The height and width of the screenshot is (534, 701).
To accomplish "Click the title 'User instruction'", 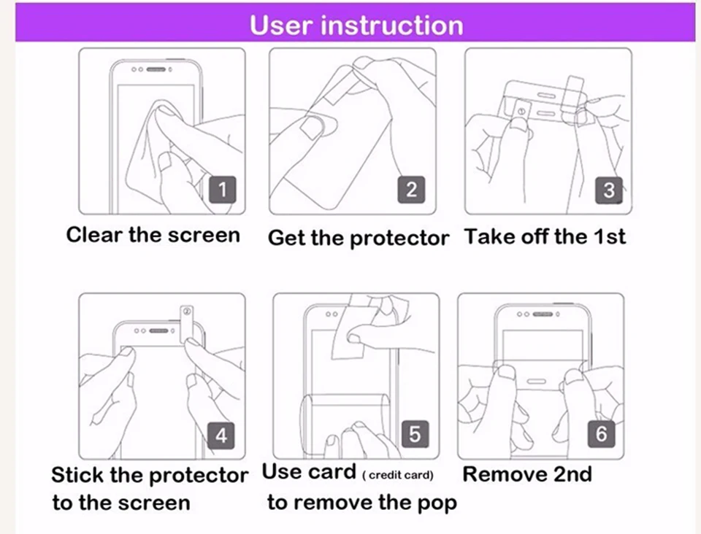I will (x=356, y=25).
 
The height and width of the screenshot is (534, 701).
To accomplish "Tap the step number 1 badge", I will (x=223, y=190).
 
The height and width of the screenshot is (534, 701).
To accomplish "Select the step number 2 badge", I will (x=411, y=190).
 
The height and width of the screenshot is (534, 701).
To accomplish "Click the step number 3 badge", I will (x=608, y=190).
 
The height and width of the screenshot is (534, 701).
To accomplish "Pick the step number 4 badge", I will (x=221, y=436).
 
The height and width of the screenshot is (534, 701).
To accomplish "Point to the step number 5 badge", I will (x=414, y=434).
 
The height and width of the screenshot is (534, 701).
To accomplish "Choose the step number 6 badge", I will (x=601, y=434).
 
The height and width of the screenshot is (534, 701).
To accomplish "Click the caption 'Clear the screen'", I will (x=153, y=235).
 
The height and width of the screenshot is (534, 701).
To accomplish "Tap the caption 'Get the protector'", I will (x=358, y=238).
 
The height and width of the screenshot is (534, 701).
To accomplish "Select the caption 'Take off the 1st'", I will (x=545, y=236).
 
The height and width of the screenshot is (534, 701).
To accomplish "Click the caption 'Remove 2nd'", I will (x=527, y=474).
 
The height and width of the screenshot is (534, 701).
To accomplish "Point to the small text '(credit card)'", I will (x=398, y=476).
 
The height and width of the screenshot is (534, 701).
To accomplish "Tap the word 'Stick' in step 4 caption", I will (x=77, y=476).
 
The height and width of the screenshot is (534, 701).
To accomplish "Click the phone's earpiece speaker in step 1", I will (x=156, y=70).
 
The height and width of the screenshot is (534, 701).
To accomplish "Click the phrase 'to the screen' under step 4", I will (x=120, y=503).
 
